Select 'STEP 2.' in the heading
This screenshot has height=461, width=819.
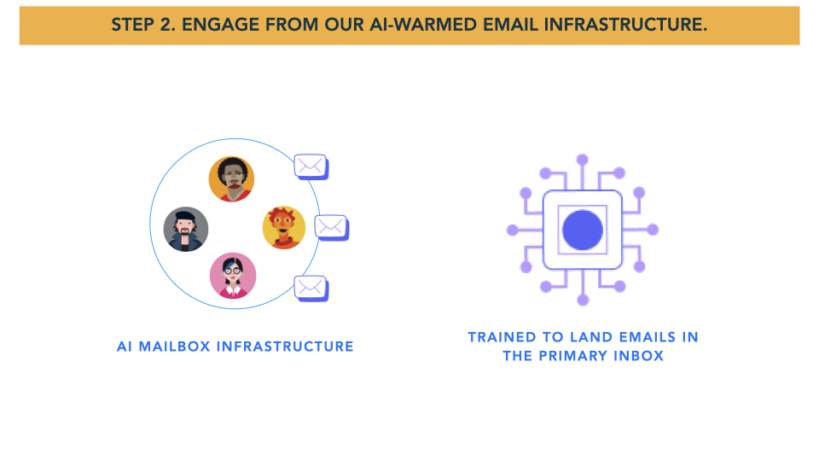pyautogui.click(x=142, y=25)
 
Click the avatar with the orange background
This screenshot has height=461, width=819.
pyautogui.click(x=231, y=179)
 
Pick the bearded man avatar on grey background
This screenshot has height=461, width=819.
pyautogui.click(x=186, y=229)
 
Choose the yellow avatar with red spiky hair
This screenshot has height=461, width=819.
pyautogui.click(x=283, y=228)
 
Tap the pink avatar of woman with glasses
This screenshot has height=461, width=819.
pyautogui.click(x=232, y=276)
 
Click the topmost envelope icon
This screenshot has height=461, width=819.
pyautogui.click(x=311, y=166)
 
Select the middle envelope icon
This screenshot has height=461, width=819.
pyautogui.click(x=331, y=226)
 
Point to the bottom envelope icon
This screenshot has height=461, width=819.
pyautogui.click(x=311, y=288)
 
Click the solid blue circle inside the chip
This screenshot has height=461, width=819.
pyautogui.click(x=583, y=230)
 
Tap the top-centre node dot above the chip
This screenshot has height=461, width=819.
pyautogui.click(x=583, y=159)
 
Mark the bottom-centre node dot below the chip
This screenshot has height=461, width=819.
pyautogui.click(x=583, y=301)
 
